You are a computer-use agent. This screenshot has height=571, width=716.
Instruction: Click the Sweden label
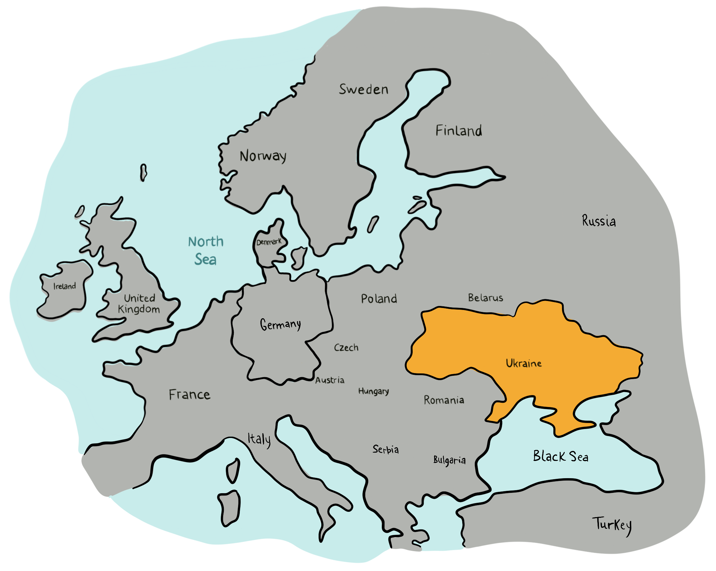(363, 89)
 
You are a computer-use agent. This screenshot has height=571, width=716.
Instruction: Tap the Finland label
(459, 131)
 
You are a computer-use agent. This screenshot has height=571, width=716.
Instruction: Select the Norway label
(263, 156)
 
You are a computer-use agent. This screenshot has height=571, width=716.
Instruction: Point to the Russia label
(599, 221)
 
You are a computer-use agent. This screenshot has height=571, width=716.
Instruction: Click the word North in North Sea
(206, 242)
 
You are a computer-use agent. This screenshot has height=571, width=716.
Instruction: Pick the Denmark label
(269, 242)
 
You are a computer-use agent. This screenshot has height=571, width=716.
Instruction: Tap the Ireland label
(65, 286)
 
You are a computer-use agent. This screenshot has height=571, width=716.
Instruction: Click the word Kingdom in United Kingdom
(139, 310)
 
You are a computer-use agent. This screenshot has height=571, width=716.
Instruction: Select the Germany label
(280, 325)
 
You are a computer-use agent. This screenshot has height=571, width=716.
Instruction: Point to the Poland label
(379, 299)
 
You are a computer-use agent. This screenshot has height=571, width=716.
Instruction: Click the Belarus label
(486, 298)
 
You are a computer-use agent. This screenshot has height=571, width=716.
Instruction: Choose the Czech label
(346, 348)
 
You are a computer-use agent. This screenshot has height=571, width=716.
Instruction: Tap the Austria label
(330, 380)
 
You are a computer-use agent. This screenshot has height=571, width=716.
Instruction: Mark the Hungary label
(373, 391)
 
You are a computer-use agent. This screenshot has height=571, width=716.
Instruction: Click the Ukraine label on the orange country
(523, 363)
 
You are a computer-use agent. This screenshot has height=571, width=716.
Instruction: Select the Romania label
(444, 400)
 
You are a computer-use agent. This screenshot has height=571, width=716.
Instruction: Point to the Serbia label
(385, 449)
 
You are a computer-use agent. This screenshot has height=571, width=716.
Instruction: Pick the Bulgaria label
(449, 460)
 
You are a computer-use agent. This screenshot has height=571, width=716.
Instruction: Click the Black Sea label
(560, 456)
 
